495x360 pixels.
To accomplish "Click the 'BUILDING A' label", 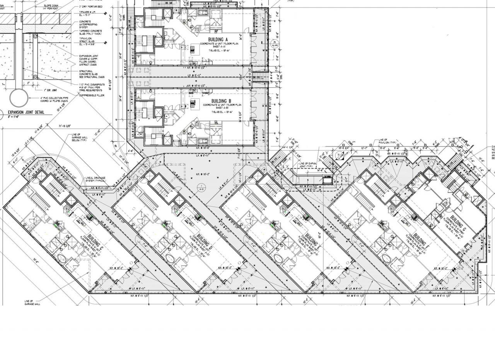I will tap(218, 40).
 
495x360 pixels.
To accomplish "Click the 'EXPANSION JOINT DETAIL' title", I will tap(26, 113).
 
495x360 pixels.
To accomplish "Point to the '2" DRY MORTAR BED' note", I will tap(91, 7).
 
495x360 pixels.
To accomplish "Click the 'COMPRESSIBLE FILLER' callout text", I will tap(92, 95).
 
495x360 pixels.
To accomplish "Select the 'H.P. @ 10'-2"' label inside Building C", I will tap(116, 268).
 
